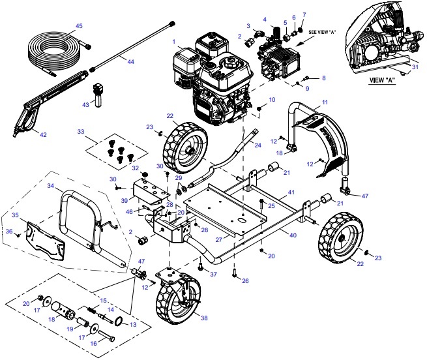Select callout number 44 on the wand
pos(130,61)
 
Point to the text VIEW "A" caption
pos(383,82)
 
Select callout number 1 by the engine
pos(175,42)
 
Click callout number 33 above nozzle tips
pos(81,132)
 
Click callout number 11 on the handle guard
pos(325,103)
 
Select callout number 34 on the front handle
pos(50,186)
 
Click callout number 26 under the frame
pos(245,282)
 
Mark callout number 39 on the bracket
pos(124,202)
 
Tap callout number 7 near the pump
pos(303,14)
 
